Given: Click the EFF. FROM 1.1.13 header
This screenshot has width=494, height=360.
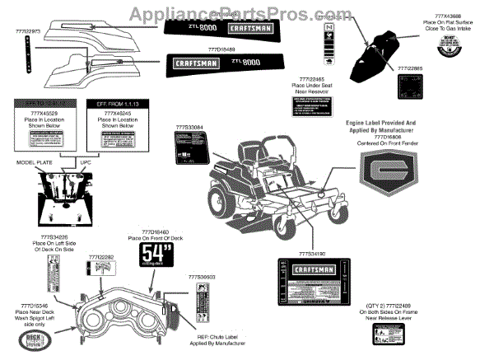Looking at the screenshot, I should click(x=118, y=104).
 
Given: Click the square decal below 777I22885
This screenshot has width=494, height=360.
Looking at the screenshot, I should click(x=408, y=88).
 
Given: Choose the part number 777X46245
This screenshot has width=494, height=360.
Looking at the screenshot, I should click(x=118, y=113).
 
